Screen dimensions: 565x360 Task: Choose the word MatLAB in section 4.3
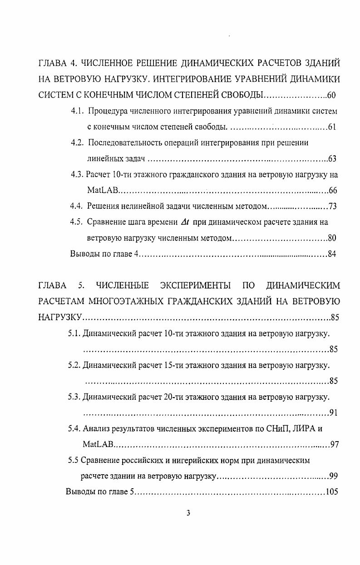click(x=99, y=190)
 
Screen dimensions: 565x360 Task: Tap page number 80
click(x=332, y=238)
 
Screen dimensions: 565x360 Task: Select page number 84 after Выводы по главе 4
click(x=332, y=254)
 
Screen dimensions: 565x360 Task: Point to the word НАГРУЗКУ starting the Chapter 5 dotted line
click(x=59, y=317)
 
